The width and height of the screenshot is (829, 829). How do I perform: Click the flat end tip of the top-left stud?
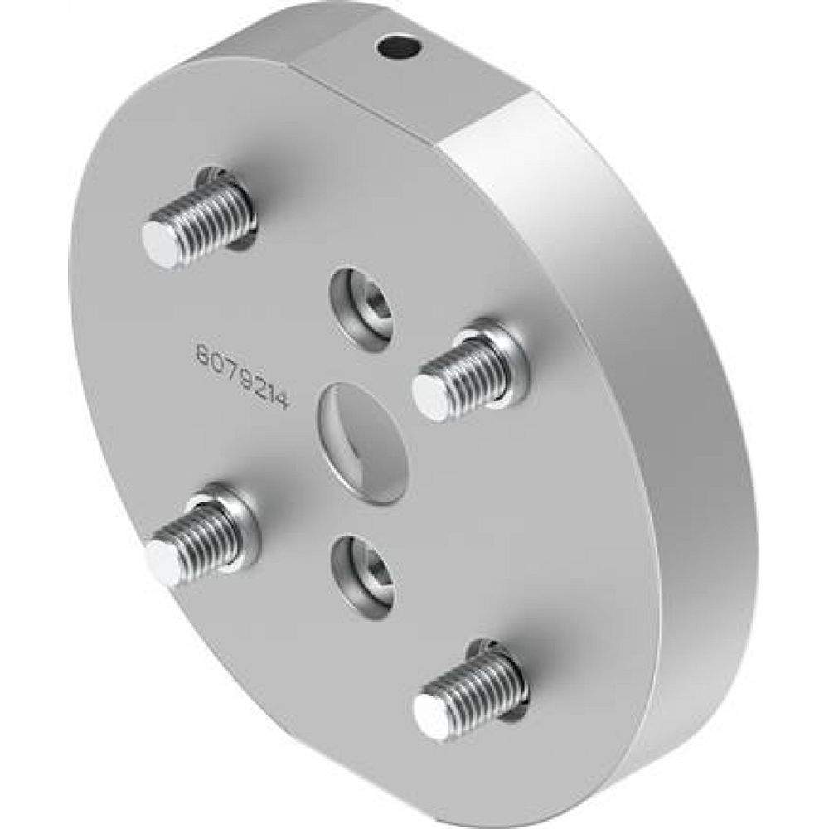pos(160,245)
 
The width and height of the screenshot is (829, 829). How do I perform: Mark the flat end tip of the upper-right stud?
pos(430,396)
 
